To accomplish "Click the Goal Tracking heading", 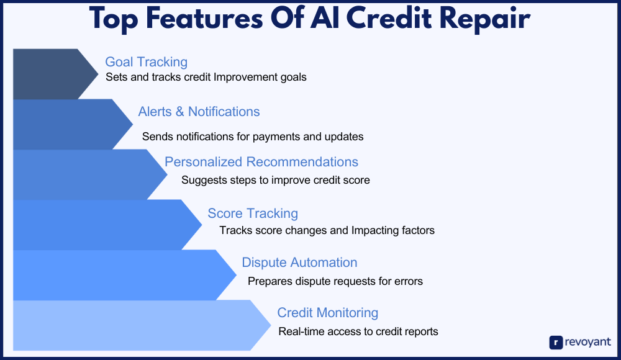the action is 146,62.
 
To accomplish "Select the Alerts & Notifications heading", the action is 199,112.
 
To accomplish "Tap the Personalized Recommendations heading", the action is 261,162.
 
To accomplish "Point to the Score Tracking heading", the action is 253,214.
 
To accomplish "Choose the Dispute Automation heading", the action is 299,262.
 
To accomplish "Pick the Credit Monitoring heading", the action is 327,313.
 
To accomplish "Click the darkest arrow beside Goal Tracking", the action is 55,74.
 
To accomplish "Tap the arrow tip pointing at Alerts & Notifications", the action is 133,124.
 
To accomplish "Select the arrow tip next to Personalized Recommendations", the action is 167,174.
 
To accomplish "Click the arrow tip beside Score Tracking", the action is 202,225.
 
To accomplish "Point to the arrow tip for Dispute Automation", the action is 237,275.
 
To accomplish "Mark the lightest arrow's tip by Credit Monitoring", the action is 271,325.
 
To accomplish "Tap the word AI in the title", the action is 325,18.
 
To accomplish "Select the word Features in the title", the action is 204,18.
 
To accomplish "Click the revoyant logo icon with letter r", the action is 556,342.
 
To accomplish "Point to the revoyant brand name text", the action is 587,342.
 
